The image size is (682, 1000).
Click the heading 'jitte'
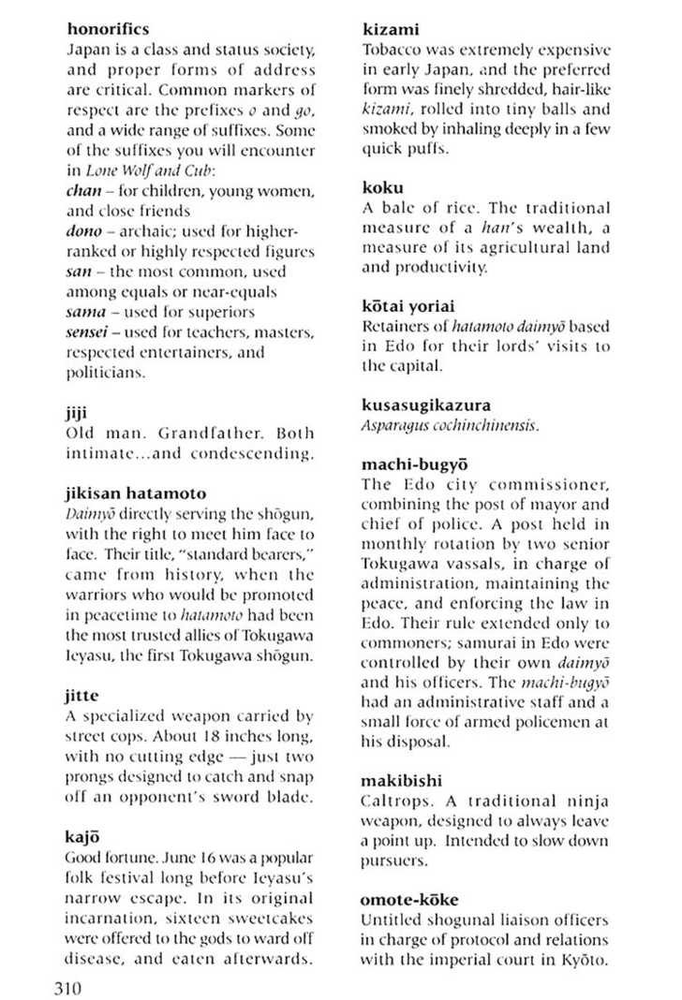(x=82, y=696)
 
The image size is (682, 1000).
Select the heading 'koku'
(x=382, y=186)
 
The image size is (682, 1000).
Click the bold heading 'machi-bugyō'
(x=415, y=465)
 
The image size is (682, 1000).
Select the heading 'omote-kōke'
(x=408, y=901)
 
